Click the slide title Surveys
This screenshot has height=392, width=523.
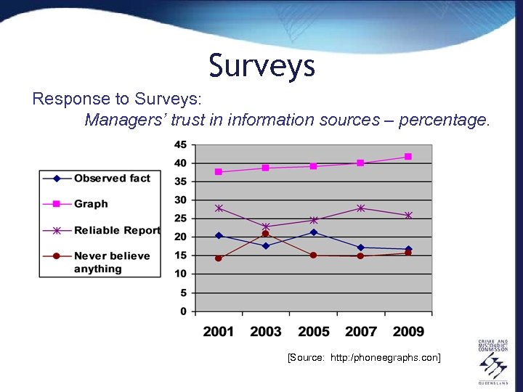pyautogui.click(x=261, y=65)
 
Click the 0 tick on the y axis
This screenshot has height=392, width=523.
pyautogui.click(x=183, y=311)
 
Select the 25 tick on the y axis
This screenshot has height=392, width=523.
pyautogui.click(x=180, y=219)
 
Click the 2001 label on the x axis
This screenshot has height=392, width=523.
pyautogui.click(x=219, y=332)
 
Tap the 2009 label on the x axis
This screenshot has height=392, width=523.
pyautogui.click(x=408, y=332)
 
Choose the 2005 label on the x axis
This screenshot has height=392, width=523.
pyautogui.click(x=313, y=332)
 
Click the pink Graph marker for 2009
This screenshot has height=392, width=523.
pyautogui.click(x=408, y=156)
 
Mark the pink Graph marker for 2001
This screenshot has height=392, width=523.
pyautogui.click(x=219, y=172)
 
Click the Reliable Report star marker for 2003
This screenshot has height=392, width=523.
pyautogui.click(x=266, y=226)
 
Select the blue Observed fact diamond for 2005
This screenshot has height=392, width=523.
pyautogui.click(x=313, y=232)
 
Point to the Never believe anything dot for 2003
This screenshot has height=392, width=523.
pyautogui.click(x=266, y=234)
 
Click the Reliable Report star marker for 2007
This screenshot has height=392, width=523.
pyautogui.click(x=361, y=208)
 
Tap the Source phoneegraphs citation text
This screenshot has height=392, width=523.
pyautogui.click(x=364, y=358)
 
